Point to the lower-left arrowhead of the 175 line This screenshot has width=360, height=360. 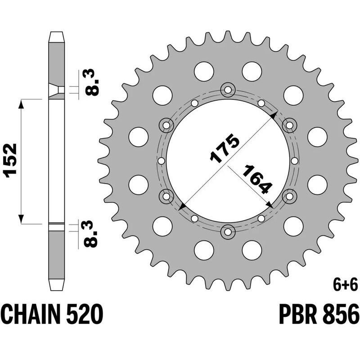click(182, 207)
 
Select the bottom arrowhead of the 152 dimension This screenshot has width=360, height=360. click(21, 219)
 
